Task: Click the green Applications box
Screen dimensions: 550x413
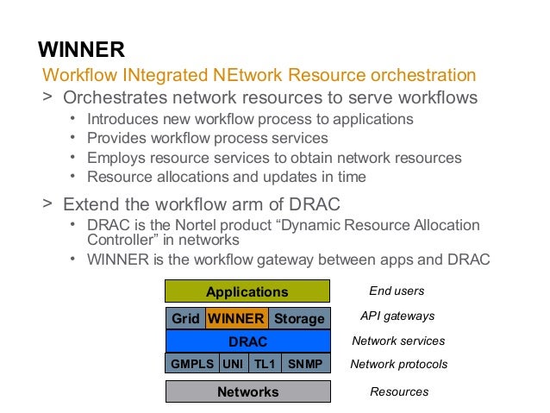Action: (x=247, y=291)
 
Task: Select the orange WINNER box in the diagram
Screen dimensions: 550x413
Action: (x=236, y=318)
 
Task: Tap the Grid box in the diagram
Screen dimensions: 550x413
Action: (x=184, y=318)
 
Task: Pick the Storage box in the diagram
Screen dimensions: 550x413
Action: (x=299, y=318)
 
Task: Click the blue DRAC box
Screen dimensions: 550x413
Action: (x=247, y=341)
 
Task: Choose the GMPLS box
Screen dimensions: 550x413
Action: (x=192, y=364)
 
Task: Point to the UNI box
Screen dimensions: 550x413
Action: (x=233, y=364)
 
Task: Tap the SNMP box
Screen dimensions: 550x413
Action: (x=305, y=364)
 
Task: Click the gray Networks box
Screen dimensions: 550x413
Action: (x=247, y=391)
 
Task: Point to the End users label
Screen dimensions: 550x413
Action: (x=397, y=291)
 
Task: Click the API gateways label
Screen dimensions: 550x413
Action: (x=397, y=316)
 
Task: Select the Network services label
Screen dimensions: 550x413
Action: (x=398, y=341)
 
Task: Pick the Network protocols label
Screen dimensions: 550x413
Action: (x=398, y=364)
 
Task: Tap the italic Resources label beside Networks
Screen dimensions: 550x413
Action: (x=399, y=391)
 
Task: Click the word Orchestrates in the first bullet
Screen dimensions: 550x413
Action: (x=110, y=97)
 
